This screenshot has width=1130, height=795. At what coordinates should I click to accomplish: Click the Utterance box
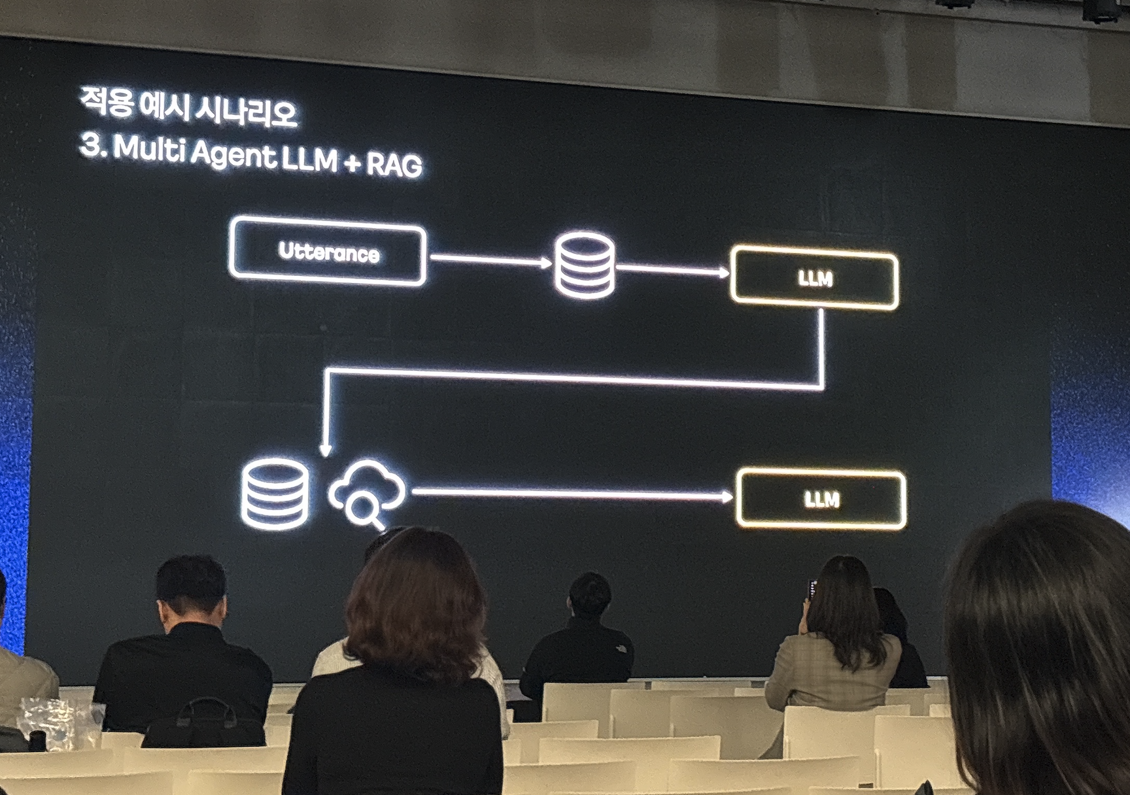click(328, 252)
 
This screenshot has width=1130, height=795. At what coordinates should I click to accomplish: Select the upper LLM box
click(814, 279)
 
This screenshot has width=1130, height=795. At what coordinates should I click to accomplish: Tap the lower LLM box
click(821, 499)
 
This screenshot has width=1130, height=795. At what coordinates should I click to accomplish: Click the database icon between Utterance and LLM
click(585, 265)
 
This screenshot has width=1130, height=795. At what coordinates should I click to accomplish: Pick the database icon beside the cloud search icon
click(275, 494)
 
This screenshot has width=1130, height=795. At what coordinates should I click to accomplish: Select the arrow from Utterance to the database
click(490, 261)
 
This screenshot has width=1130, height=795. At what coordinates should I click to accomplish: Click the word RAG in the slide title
click(394, 164)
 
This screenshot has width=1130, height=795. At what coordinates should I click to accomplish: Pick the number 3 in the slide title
click(90, 146)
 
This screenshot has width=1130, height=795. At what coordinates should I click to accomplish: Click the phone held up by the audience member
click(812, 589)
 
